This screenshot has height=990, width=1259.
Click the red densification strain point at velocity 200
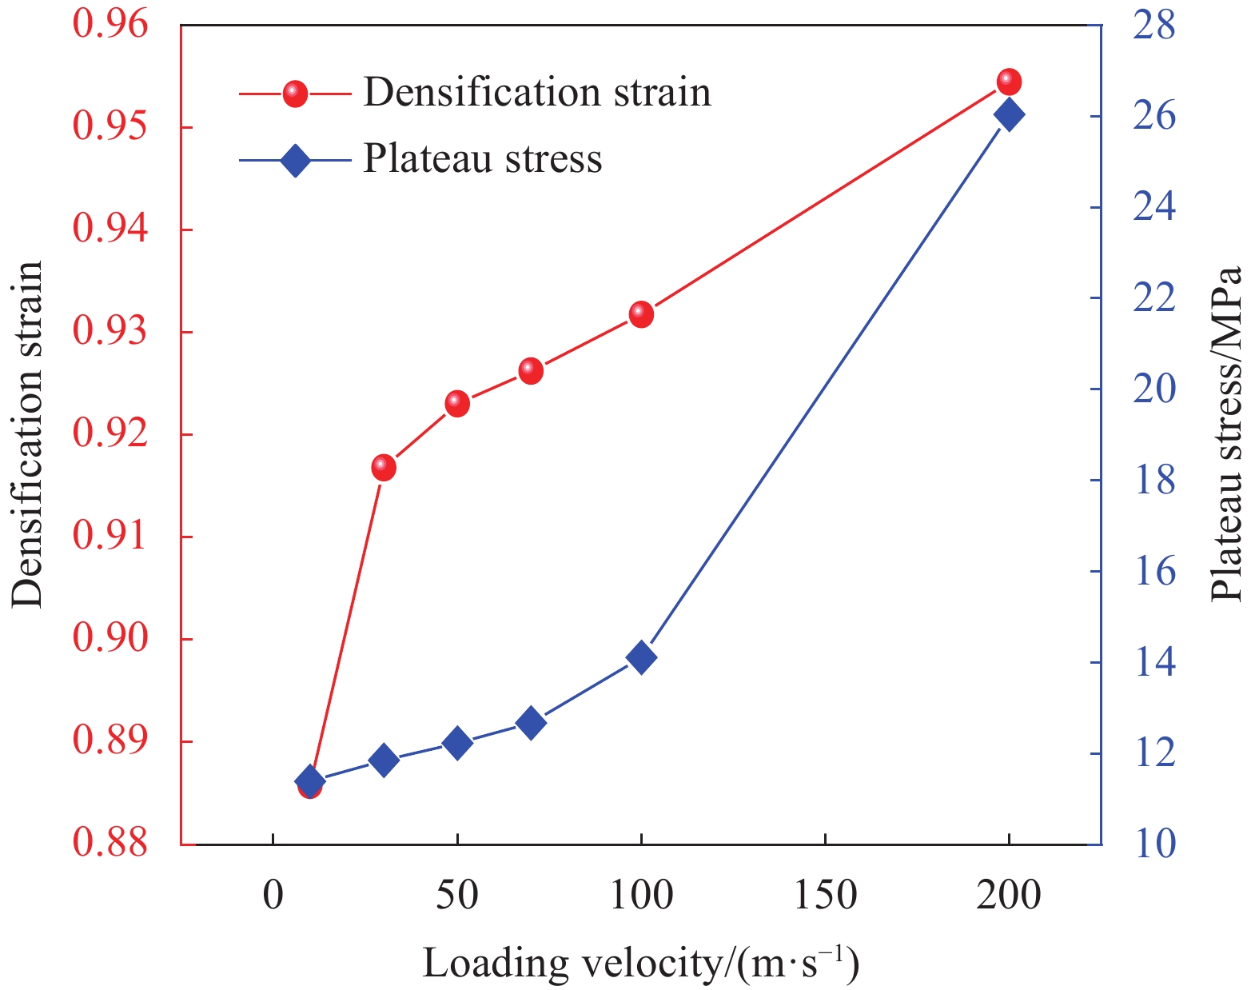coord(1009,82)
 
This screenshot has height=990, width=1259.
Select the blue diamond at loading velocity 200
coord(1009,115)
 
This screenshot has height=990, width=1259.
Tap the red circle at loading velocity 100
coord(641,314)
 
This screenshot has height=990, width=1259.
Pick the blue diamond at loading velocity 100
coord(641,657)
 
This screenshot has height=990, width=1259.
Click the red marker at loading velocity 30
coord(384,468)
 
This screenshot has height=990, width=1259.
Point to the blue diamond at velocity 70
coord(530,724)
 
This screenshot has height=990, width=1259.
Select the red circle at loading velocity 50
coord(457,403)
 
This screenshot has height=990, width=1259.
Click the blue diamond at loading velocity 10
coord(309,782)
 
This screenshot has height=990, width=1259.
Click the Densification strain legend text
coord(537,92)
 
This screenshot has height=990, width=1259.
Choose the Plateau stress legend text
coord(483,158)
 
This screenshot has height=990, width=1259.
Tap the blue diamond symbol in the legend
coord(295,160)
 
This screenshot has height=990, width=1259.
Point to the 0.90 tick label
coord(110,639)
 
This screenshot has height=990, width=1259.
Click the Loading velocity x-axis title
coord(640,963)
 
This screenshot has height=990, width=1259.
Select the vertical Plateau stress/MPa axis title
coord(1226,434)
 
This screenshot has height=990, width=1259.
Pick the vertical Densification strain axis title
coord(27,434)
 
